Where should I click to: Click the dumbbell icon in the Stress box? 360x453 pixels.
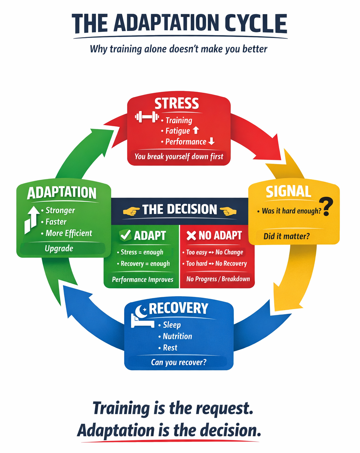(x=147, y=117)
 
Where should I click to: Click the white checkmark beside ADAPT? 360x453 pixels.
(x=125, y=235)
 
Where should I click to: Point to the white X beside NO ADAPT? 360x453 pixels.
(x=191, y=235)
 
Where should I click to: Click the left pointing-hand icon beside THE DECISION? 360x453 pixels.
(x=131, y=211)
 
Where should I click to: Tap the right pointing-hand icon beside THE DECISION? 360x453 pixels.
(x=228, y=211)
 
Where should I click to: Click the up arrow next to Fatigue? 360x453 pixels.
(x=196, y=130)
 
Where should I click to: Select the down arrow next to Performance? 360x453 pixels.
(x=211, y=141)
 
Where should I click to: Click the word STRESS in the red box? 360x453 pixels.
(x=177, y=104)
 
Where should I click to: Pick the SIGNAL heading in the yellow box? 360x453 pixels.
(x=288, y=192)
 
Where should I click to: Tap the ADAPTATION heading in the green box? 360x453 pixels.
(x=62, y=193)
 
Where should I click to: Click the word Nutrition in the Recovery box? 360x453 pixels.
(x=177, y=336)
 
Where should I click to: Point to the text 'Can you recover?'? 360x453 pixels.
(x=179, y=362)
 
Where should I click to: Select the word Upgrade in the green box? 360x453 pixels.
(x=59, y=248)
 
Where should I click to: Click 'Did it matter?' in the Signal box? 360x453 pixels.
(x=287, y=236)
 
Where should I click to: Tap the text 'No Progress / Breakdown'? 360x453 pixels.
(x=218, y=279)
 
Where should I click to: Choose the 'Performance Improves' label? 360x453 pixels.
(x=142, y=280)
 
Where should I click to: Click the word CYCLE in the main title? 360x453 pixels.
(x=256, y=24)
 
